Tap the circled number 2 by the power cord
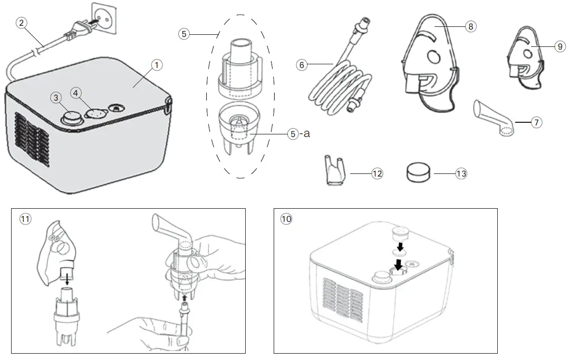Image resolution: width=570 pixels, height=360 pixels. tap(21, 23)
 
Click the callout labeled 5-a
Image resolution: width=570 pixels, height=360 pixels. tap(293, 134)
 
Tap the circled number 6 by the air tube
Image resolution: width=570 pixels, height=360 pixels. tap(302, 65)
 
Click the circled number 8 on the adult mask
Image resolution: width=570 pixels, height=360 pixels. tap(471, 27)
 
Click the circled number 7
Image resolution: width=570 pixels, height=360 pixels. tap(536, 122)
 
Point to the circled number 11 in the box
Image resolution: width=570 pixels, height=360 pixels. tap(25, 219)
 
